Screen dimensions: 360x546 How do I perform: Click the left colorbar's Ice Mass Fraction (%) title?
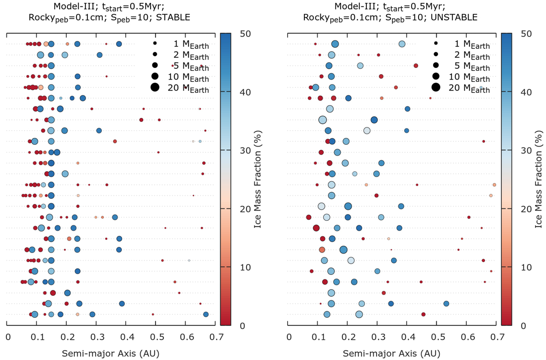(257, 179)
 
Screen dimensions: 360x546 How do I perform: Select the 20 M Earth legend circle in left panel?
(155, 87)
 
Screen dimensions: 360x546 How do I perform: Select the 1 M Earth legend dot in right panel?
(435, 43)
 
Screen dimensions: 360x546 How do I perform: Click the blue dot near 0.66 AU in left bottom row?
(206, 314)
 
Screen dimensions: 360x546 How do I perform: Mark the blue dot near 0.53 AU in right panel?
(446, 304)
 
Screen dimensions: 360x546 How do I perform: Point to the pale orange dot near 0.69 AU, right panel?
(494, 185)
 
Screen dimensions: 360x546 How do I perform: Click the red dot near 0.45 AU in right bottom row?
(423, 314)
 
